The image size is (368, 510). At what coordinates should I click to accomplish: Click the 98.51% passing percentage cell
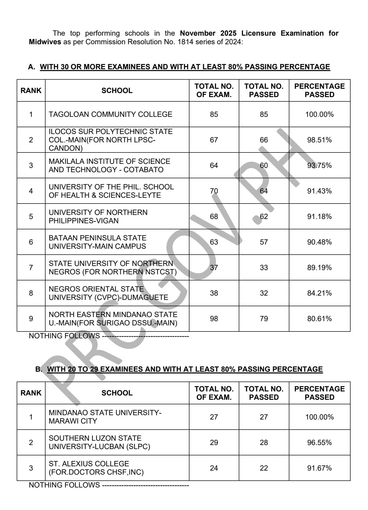319,140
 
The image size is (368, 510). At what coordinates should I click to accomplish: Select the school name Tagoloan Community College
110,114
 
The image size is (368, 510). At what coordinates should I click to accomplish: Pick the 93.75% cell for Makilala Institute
319,165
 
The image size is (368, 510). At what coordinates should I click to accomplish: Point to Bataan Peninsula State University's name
97,242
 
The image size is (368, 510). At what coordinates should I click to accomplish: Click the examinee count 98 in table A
214,319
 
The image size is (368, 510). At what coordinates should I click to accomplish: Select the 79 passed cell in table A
264,319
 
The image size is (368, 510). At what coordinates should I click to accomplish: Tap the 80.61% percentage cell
319,319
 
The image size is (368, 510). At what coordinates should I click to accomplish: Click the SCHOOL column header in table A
117,91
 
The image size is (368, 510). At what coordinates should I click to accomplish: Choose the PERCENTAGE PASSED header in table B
319,393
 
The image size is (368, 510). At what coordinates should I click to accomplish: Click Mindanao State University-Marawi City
105,417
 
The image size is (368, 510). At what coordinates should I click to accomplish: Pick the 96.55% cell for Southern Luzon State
319,442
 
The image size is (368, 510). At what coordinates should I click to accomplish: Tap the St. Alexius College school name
96,468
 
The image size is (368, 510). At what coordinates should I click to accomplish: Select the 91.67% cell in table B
319,468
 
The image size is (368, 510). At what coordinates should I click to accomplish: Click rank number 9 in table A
31,319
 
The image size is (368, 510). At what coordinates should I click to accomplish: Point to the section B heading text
185,369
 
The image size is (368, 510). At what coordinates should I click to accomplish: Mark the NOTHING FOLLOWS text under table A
64,336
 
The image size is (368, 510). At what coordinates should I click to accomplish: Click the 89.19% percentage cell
319,268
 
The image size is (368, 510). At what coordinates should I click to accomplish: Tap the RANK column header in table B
31,393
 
